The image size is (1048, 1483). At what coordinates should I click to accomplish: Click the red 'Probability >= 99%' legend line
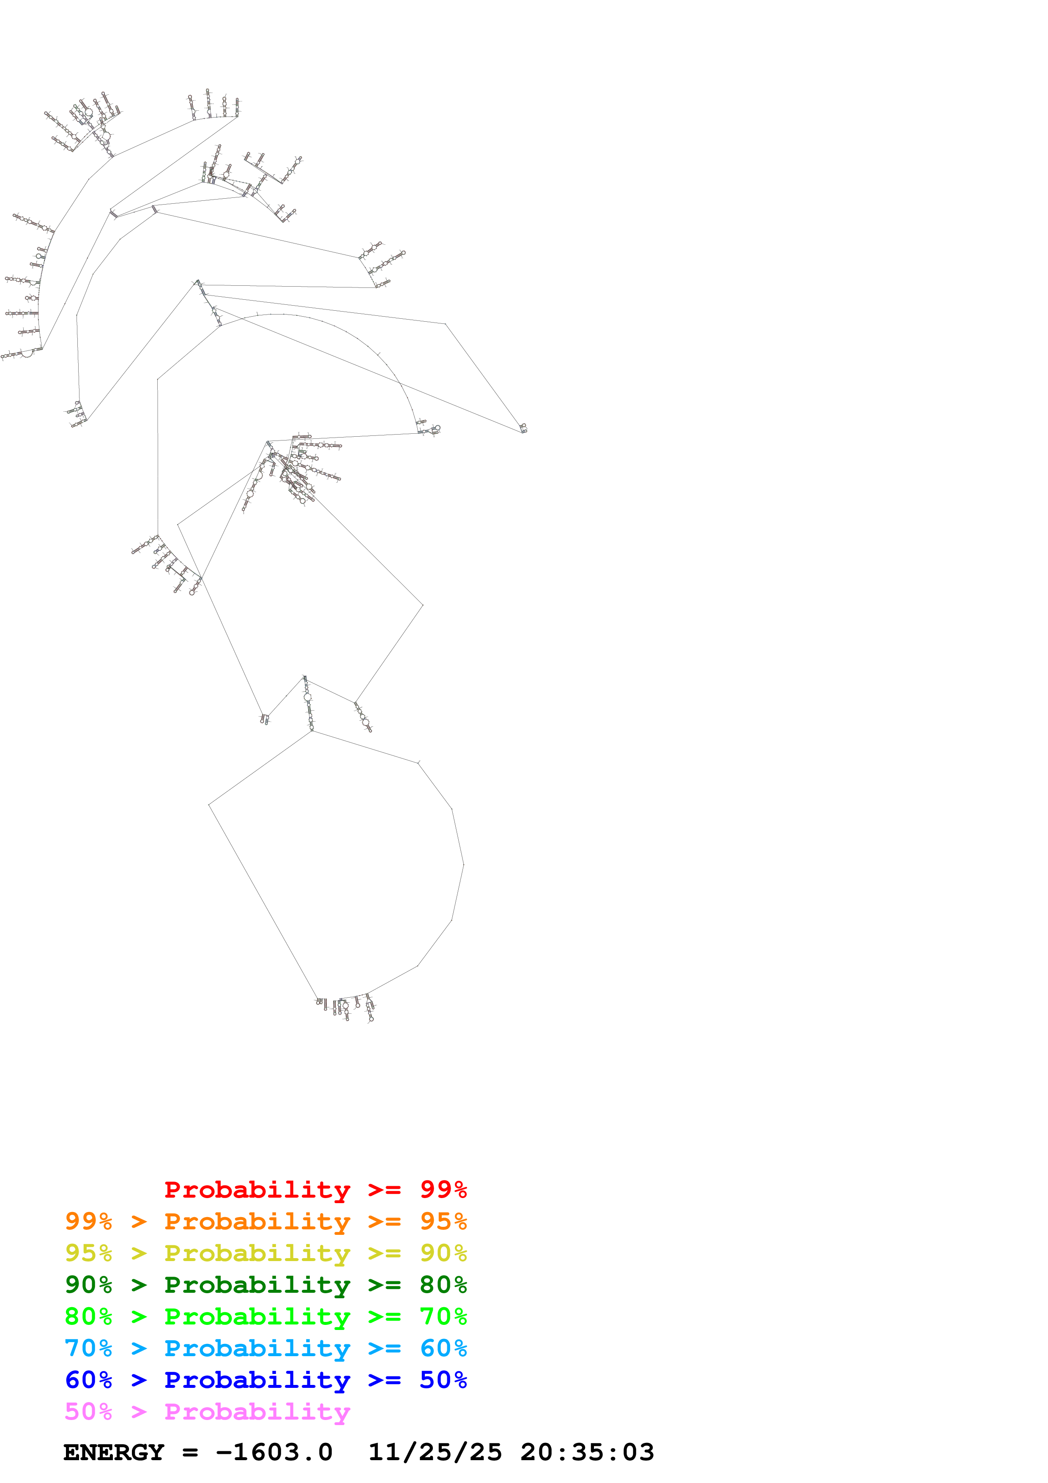(x=315, y=1190)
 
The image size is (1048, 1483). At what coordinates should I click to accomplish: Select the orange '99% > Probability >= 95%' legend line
(x=265, y=1221)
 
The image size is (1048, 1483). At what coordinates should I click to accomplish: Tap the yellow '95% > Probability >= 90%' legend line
(x=265, y=1253)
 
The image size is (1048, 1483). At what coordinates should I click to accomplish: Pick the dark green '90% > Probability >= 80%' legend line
(x=265, y=1285)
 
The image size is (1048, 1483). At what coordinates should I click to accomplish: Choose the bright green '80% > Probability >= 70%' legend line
(x=265, y=1316)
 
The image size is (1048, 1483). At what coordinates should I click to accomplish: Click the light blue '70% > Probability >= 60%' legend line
(x=265, y=1348)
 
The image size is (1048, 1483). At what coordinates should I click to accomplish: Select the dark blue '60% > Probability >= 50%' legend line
(x=265, y=1380)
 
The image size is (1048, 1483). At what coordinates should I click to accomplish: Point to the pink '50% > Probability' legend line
(x=207, y=1411)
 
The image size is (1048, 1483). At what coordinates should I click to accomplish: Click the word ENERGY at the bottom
(x=114, y=1452)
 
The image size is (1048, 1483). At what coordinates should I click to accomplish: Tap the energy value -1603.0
(x=274, y=1452)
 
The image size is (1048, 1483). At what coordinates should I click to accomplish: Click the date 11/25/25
(x=435, y=1452)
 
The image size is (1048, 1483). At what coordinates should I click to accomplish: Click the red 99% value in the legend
(x=443, y=1190)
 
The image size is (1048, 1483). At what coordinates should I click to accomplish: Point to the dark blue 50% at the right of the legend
(x=443, y=1380)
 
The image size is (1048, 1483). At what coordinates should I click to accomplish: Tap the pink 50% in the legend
(x=88, y=1411)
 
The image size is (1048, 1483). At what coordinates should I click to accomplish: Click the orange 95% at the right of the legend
(x=443, y=1221)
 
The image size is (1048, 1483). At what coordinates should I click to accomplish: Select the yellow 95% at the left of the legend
(x=88, y=1253)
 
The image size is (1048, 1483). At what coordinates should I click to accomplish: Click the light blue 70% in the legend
(x=88, y=1348)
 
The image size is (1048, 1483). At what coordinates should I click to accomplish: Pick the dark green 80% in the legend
(x=443, y=1285)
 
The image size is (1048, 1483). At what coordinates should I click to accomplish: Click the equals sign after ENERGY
(x=190, y=1453)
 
